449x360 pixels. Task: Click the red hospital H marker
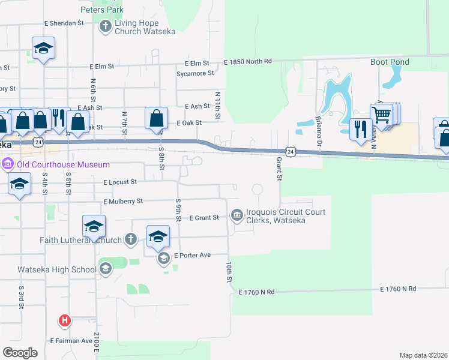65,320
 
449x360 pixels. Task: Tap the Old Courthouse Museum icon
8,164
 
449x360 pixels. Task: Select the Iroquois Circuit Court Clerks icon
237,215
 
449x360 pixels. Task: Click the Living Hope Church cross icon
106,26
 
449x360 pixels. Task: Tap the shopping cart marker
381,113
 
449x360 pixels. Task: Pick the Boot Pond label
390,62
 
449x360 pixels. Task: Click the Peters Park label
102,10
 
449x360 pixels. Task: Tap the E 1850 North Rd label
248,61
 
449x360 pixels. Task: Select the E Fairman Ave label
71,341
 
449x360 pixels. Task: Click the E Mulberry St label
123,202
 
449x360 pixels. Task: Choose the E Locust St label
120,181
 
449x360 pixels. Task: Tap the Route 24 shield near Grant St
291,152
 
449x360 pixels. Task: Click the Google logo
20,353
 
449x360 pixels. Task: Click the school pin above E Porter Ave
158,236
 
